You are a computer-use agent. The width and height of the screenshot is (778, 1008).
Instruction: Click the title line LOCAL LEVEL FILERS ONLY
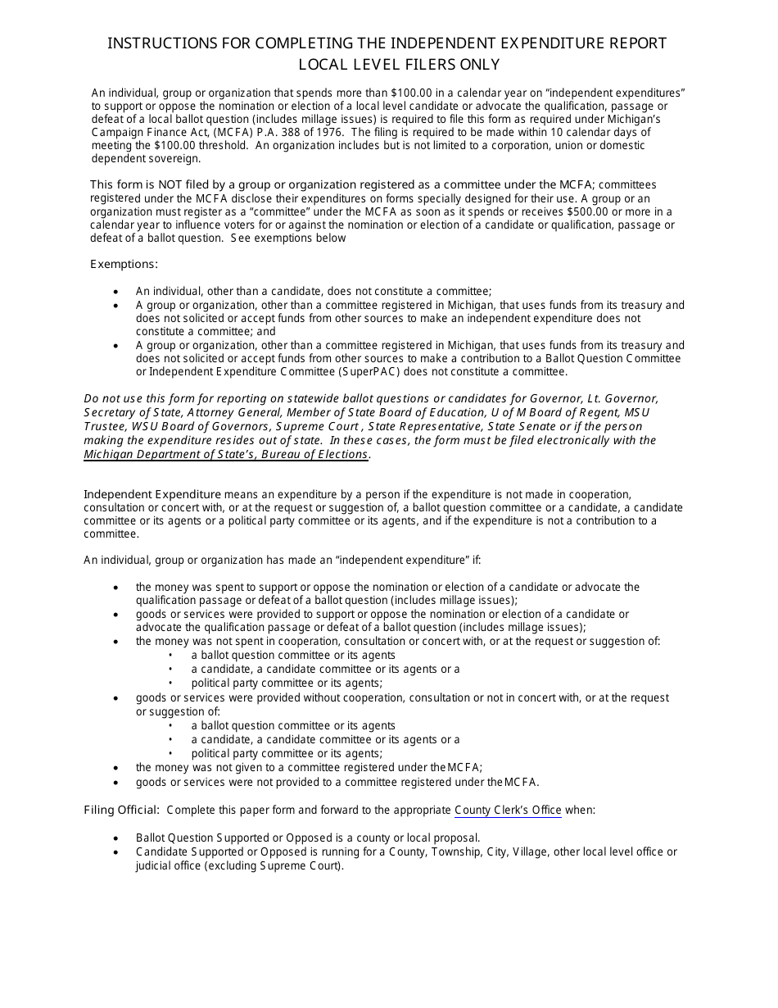(x=387, y=65)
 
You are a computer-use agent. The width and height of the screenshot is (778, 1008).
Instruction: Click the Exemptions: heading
(x=124, y=264)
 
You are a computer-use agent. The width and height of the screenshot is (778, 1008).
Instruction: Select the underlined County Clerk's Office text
(x=508, y=810)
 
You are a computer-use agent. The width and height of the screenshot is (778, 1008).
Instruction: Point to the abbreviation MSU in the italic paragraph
(x=636, y=412)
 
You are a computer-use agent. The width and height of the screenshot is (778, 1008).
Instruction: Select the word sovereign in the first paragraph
(x=170, y=158)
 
